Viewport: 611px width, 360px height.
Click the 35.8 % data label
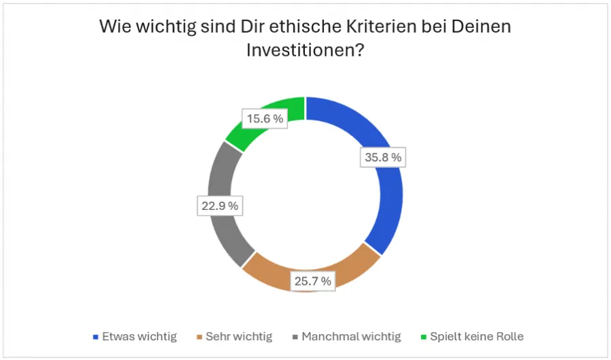pyautogui.click(x=382, y=158)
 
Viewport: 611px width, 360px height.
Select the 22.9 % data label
pyautogui.click(x=219, y=206)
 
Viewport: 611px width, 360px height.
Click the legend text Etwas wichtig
pyautogui.click(x=139, y=336)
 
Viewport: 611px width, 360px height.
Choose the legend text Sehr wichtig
pyautogui.click(x=239, y=336)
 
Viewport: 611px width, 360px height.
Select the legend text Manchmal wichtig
pyautogui.click(x=351, y=336)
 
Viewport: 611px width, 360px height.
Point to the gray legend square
pyautogui.click(x=295, y=337)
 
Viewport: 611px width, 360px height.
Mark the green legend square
pyautogui.click(x=424, y=337)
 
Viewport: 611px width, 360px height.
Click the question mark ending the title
pyautogui.click(x=360, y=50)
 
